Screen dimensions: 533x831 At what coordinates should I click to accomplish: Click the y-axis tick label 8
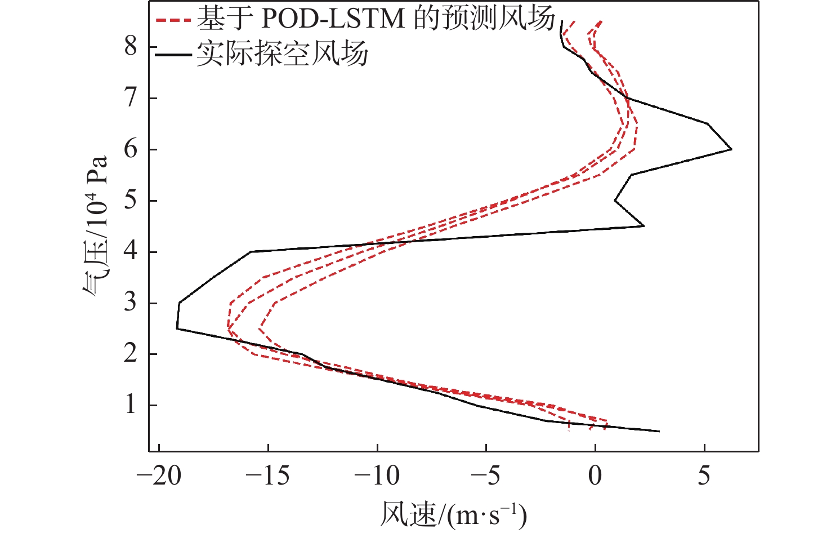131,46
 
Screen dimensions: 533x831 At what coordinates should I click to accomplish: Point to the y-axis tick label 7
131,98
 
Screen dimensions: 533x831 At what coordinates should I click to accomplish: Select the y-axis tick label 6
131,149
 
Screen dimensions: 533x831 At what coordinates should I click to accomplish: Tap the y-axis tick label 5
131,201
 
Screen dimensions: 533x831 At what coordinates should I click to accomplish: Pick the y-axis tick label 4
131,252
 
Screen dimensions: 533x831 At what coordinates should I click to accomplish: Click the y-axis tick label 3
131,303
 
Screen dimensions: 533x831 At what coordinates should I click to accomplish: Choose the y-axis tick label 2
131,354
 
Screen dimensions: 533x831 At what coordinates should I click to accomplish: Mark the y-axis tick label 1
131,405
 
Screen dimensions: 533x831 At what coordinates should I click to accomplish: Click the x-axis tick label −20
159,476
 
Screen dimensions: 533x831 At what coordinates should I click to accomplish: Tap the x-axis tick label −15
268,476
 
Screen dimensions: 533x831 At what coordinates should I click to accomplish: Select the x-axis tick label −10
377,476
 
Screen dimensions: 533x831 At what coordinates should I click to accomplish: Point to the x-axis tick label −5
485,476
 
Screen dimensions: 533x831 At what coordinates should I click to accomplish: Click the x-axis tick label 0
595,476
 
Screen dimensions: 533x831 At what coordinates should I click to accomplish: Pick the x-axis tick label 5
704,476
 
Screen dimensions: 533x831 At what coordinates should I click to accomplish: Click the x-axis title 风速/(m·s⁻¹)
453,514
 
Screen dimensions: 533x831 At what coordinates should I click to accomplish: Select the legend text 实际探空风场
282,54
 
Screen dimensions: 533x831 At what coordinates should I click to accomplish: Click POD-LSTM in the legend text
333,19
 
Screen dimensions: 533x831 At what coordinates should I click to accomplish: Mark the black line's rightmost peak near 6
731,149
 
